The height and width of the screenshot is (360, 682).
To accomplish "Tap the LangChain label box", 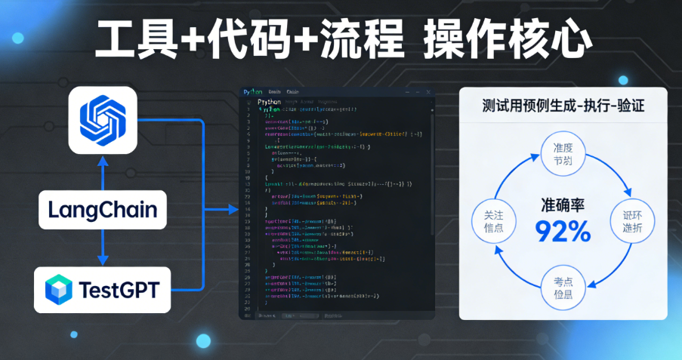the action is pos(103,209).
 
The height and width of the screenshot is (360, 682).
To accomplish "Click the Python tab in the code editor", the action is pos(252,92).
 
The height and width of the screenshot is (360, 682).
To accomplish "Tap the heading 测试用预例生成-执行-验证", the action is pos(563,106).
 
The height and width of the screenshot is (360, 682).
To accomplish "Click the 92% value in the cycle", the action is pos(563,230).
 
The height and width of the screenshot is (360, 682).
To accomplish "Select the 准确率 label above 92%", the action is pos(563,205).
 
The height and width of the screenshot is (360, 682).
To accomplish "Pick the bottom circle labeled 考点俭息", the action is pos(563,288).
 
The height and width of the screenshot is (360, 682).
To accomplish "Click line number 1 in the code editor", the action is pos(248,109).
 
